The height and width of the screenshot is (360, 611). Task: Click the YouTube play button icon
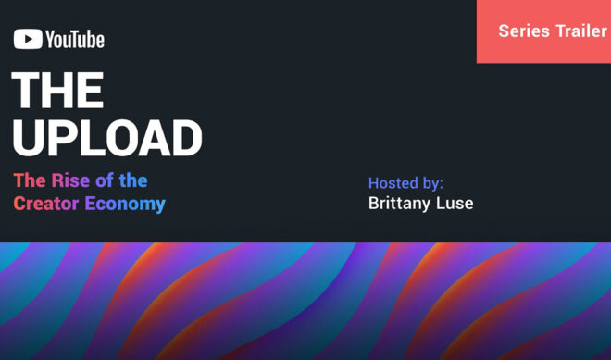click(x=28, y=40)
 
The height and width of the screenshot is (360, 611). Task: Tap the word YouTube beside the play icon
click(x=74, y=40)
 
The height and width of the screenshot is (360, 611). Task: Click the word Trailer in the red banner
click(x=580, y=31)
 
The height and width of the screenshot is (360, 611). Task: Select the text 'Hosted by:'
click(x=405, y=182)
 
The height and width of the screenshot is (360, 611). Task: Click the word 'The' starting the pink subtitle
click(x=29, y=180)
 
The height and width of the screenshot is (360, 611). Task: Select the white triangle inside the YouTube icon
click(x=28, y=40)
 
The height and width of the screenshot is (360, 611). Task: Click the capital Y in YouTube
click(x=50, y=40)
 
